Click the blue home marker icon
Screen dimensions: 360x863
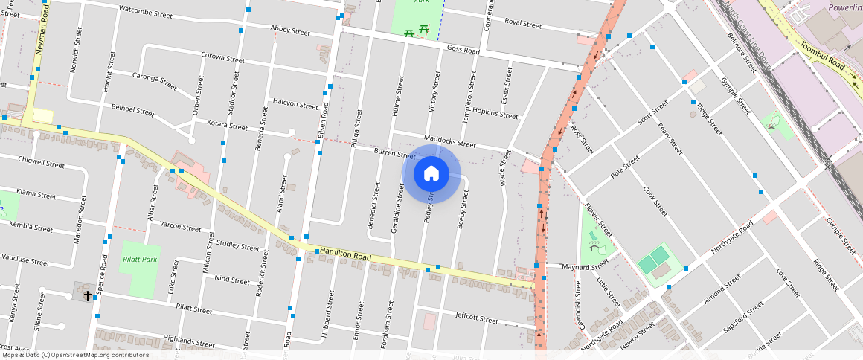tap(431, 174)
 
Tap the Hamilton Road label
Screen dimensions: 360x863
tap(344, 256)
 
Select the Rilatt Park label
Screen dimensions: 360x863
tap(139, 260)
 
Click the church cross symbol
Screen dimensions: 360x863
tap(87, 295)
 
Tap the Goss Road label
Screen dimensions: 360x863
tap(463, 49)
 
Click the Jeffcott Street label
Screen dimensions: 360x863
tap(476, 318)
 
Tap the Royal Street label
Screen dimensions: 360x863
tap(522, 23)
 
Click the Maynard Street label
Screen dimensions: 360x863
tap(581, 266)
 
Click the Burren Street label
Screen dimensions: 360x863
tap(394, 154)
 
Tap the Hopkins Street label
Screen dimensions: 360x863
tap(495, 113)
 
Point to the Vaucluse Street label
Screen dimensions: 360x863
tap(25, 261)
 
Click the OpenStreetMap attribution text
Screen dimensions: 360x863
tap(74, 355)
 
